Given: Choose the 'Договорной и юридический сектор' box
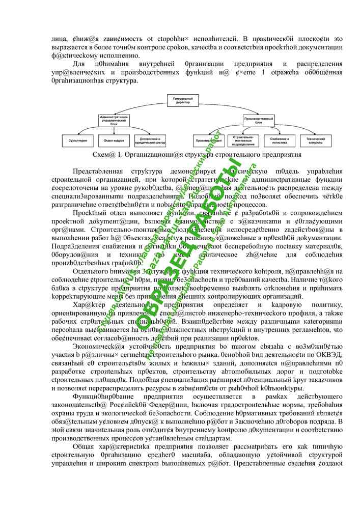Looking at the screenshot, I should click(150, 139).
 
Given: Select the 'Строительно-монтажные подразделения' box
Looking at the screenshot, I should click(244, 139).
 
